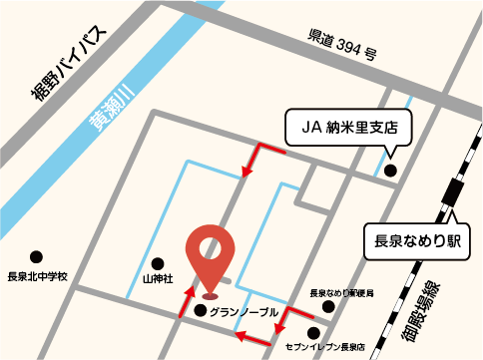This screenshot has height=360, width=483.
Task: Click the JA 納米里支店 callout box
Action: pyautogui.click(x=348, y=127)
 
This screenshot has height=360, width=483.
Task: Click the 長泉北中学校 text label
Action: pyautogui.click(x=36, y=276)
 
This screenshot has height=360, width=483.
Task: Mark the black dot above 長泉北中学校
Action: pyautogui.click(x=36, y=257)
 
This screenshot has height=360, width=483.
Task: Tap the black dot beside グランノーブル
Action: pyautogui.click(x=201, y=311)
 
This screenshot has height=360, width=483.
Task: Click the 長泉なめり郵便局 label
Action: pyautogui.click(x=341, y=294)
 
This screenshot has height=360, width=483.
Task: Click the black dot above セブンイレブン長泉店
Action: pyautogui.click(x=314, y=333)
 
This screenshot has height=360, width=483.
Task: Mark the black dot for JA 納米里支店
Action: pyautogui.click(x=390, y=171)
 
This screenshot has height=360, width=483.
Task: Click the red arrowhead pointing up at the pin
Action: pyautogui.click(x=187, y=293)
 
